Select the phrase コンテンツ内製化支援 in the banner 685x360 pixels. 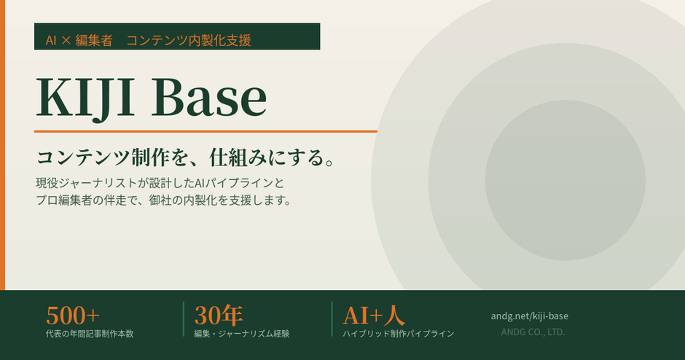[188, 41]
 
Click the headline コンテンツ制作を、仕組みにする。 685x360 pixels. [185, 157]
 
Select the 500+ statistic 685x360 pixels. [73, 316]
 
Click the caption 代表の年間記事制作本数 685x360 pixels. [89, 334]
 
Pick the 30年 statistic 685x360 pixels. [219, 316]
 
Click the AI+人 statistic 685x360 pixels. [374, 316]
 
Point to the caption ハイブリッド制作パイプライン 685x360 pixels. [399, 334]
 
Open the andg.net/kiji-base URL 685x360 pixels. [530, 316]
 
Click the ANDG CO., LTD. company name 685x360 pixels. [533, 332]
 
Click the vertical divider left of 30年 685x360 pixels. [184, 319]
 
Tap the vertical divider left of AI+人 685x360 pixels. [332, 319]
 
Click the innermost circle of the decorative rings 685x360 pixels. [565, 180]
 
